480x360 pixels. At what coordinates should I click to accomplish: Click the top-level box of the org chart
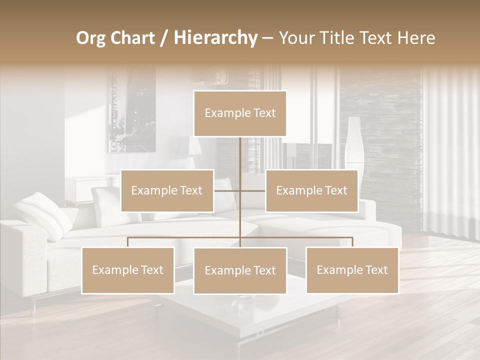tap(240, 113)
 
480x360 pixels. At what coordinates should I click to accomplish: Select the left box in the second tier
tap(167, 190)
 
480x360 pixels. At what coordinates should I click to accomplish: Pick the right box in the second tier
tap(311, 190)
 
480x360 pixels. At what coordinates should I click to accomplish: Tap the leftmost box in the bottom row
tap(128, 270)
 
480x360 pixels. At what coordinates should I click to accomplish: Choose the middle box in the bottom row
tap(240, 270)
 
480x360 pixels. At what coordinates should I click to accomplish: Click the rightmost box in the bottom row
tap(352, 270)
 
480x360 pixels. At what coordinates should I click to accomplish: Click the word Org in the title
tap(90, 38)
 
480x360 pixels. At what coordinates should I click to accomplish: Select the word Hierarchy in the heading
tap(215, 38)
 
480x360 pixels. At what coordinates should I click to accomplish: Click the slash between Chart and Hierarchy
tap(164, 38)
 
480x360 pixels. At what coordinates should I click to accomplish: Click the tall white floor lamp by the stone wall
tap(354, 142)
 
